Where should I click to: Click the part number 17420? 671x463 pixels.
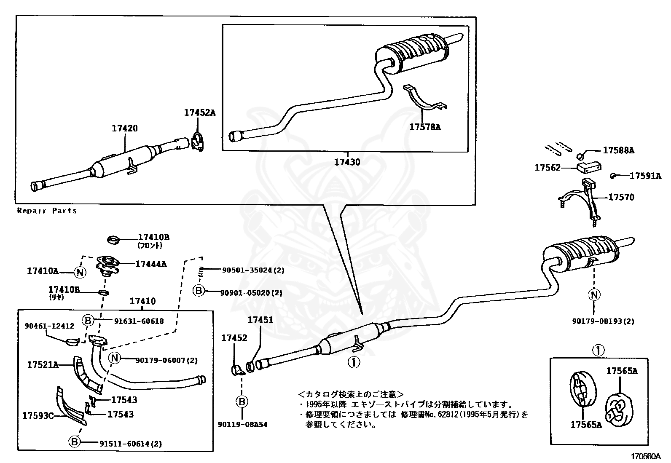(x=124, y=128)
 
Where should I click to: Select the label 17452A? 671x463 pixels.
(x=199, y=112)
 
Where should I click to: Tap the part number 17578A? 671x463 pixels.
(x=425, y=126)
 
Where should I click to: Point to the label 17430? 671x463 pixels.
(x=347, y=161)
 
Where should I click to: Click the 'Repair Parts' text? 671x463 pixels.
(x=47, y=211)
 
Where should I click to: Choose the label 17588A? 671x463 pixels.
(x=618, y=150)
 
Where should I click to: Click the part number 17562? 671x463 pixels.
(x=548, y=168)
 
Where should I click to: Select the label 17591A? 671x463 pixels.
(x=645, y=176)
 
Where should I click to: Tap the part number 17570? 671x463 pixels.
(x=621, y=197)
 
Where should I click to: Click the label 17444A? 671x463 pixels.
(x=150, y=264)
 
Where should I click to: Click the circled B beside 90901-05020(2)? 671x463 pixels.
(x=199, y=291)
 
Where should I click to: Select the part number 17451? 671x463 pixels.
(x=260, y=320)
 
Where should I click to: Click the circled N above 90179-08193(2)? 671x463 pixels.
(x=594, y=294)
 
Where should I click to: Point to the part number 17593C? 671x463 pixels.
(x=38, y=416)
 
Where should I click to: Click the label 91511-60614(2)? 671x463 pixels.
(x=131, y=443)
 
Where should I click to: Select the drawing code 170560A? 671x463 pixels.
(x=646, y=457)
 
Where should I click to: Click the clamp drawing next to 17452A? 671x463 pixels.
(x=197, y=141)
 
